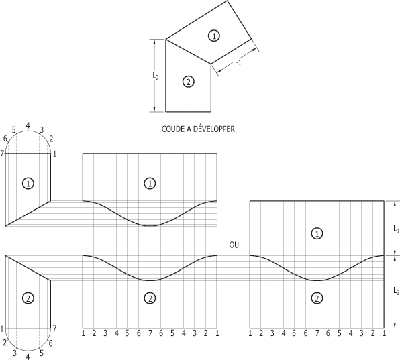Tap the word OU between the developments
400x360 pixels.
click(x=234, y=245)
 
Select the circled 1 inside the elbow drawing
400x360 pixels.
click(x=214, y=36)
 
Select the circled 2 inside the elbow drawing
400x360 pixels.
click(x=189, y=82)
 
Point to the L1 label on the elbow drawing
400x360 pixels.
click(x=238, y=60)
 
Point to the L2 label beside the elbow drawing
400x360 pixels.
click(x=156, y=76)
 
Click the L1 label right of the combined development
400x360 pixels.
click(x=396, y=229)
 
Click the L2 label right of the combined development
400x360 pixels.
click(x=396, y=291)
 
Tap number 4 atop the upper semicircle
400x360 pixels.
click(x=28, y=125)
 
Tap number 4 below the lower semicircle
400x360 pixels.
click(x=28, y=356)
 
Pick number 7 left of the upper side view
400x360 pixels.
click(x=2, y=154)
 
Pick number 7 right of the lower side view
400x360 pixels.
click(x=54, y=328)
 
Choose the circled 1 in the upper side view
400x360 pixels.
click(x=28, y=183)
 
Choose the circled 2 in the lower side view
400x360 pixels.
click(x=28, y=298)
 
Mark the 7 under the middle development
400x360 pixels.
click(x=150, y=333)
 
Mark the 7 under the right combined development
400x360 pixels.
click(x=317, y=333)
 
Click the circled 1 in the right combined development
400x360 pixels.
click(x=317, y=233)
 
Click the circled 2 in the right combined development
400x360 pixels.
click(x=317, y=298)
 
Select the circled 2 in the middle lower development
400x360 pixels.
click(x=150, y=298)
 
